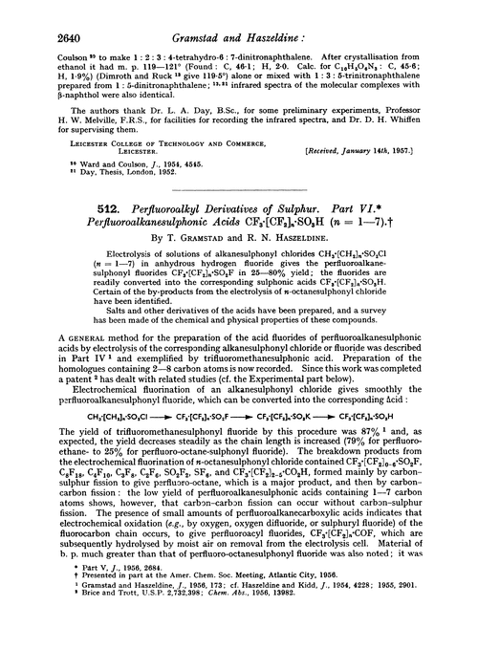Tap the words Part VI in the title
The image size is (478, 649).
(395, 236)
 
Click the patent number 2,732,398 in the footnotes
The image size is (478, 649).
(173, 634)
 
